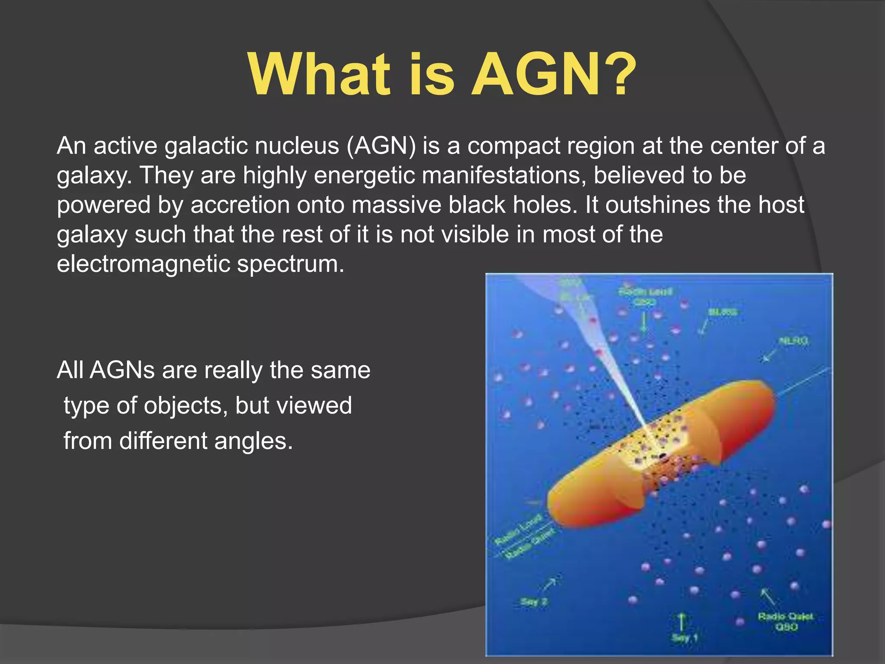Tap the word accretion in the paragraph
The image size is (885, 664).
[x=240, y=204]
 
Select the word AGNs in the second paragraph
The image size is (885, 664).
[x=122, y=370]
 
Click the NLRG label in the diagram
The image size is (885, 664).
[x=793, y=341]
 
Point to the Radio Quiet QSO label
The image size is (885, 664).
[x=785, y=622]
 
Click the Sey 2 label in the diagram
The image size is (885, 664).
[x=534, y=602]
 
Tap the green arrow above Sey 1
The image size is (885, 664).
[x=681, y=622]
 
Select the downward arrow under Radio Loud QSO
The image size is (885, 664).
[x=644, y=322]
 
